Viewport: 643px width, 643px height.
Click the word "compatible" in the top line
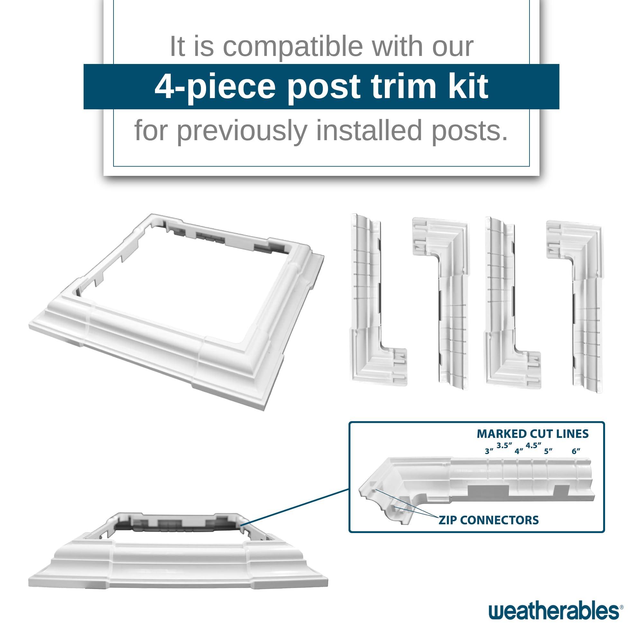293,47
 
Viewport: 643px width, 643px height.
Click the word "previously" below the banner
242,131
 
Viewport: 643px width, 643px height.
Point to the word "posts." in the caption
470,131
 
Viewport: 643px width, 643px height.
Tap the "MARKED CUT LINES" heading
532,434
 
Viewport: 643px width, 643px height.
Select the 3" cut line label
489,452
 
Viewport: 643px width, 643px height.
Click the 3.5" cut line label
504,445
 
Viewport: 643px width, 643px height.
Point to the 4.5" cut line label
533,445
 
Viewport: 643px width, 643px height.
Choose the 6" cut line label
576,452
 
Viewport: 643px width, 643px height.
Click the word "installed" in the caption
369,131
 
